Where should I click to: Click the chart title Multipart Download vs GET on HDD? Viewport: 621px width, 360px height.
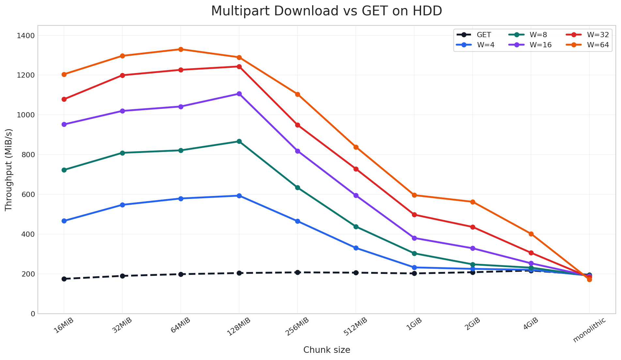click(326, 11)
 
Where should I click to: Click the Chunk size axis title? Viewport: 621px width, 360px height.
click(326, 350)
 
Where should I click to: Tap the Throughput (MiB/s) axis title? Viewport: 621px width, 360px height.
click(9, 170)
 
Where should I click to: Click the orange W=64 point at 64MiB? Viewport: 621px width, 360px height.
click(181, 49)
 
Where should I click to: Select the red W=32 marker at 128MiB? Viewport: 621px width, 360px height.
click(239, 67)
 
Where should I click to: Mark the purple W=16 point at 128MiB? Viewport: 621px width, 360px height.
click(239, 94)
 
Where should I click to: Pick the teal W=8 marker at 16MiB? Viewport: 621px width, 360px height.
click(64, 170)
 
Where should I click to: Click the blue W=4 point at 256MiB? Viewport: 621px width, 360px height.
click(297, 221)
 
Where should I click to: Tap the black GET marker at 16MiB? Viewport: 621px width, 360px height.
click(64, 279)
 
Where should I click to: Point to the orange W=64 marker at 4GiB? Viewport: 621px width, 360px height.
click(531, 234)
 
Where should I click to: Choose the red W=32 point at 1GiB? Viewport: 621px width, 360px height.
click(414, 215)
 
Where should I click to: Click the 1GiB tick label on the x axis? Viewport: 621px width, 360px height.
click(414, 324)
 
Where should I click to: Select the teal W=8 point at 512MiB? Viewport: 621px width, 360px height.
click(356, 227)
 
